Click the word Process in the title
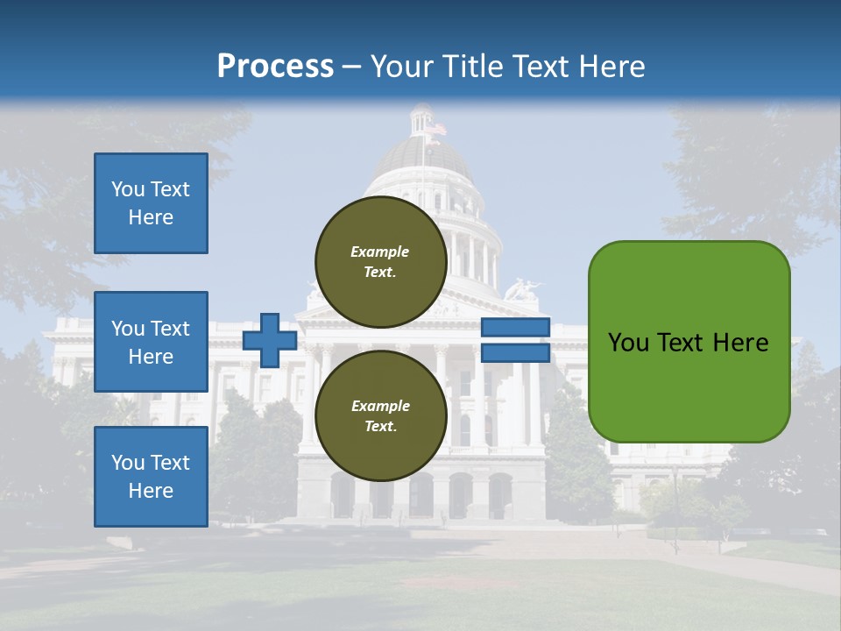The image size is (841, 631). (x=275, y=66)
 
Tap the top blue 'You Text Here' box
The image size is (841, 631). (x=151, y=203)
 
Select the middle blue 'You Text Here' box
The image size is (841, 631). (x=151, y=342)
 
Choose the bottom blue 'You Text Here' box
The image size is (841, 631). (x=151, y=477)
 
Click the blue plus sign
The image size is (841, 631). (x=270, y=340)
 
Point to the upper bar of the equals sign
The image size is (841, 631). (x=515, y=327)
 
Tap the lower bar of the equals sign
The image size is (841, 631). (x=515, y=353)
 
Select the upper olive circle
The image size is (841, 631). (x=380, y=261)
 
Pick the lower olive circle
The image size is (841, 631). (x=380, y=416)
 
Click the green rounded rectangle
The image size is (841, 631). (x=689, y=342)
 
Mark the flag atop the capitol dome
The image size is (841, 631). (x=435, y=129)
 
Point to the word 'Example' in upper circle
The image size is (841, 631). (x=380, y=252)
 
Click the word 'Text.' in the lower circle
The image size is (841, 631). (x=380, y=427)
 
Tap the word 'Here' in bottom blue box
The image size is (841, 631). (x=151, y=491)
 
